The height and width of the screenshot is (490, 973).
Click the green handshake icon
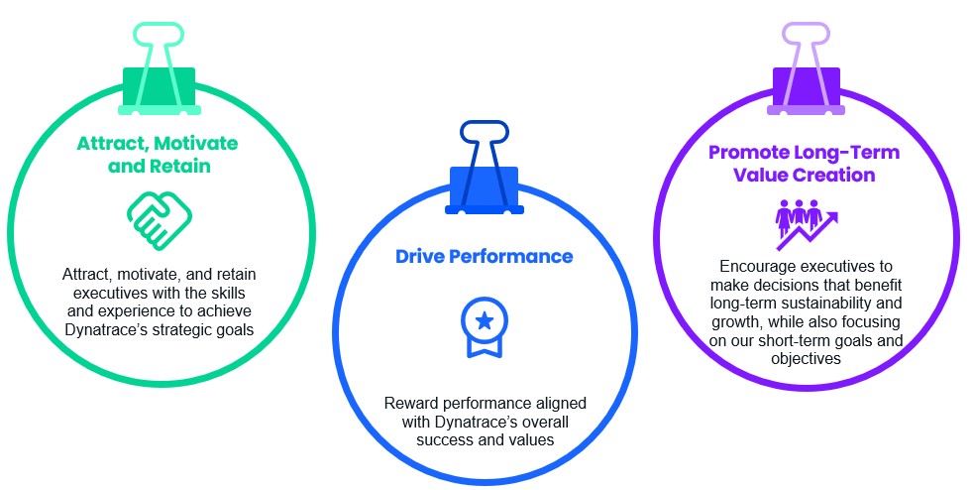[x=160, y=220]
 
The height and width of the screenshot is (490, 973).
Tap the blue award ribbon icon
[x=484, y=327]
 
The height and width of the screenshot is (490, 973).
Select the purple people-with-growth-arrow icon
[x=807, y=224]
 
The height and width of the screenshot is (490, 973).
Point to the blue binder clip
[x=484, y=168]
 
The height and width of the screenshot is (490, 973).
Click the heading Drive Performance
[x=484, y=256]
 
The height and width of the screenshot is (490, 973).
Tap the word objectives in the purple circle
[x=807, y=359]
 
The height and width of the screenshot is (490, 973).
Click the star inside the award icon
[x=484, y=320]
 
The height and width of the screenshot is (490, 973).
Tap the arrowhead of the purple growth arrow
[x=832, y=217]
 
